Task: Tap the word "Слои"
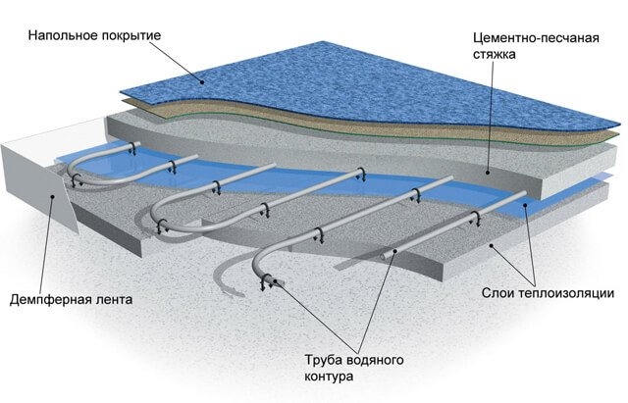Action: [500, 293]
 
